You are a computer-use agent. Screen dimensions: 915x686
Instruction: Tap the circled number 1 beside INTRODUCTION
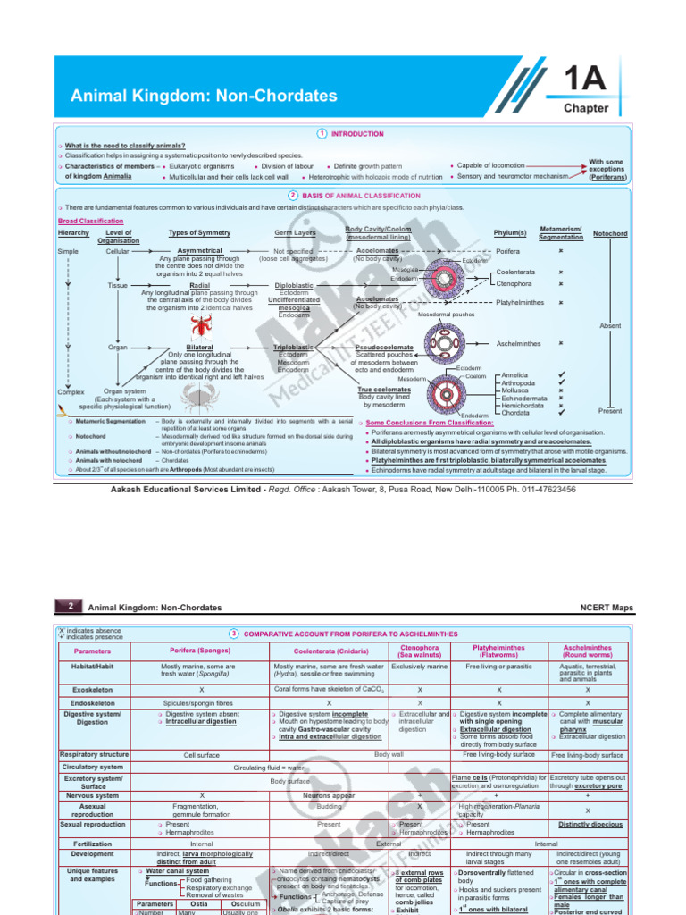[x=322, y=133]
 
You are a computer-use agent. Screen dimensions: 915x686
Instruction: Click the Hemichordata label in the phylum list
[x=523, y=405]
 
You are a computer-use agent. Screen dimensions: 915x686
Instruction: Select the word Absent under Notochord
[x=610, y=326]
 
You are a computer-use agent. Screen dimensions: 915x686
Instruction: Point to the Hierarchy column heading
[x=73, y=232]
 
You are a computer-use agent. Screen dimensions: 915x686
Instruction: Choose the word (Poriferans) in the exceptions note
[x=607, y=178]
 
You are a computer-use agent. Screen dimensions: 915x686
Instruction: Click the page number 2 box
[x=70, y=607]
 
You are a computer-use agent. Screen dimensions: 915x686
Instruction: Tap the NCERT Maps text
[x=607, y=608]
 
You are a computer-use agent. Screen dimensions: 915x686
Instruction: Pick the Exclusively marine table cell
[x=419, y=667]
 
